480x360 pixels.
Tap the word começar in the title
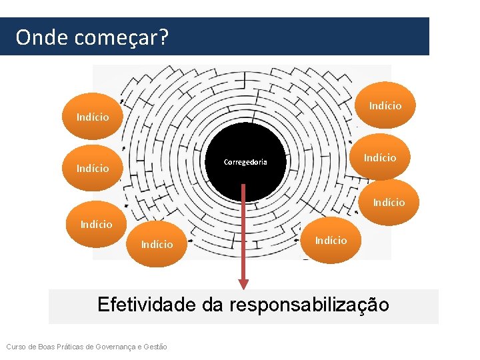(x=115, y=39)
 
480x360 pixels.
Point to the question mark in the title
(x=163, y=37)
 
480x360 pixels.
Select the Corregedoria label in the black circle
(x=245, y=162)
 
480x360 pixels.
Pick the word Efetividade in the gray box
(x=146, y=305)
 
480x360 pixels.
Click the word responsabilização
(x=309, y=306)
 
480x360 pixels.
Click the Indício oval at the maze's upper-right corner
(x=385, y=105)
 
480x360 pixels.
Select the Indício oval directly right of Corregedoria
(x=379, y=157)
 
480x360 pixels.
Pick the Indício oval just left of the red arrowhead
(x=157, y=244)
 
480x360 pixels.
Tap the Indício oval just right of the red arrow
(x=331, y=240)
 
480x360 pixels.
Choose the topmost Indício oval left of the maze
(x=93, y=117)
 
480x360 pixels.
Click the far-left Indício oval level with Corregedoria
(x=93, y=168)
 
